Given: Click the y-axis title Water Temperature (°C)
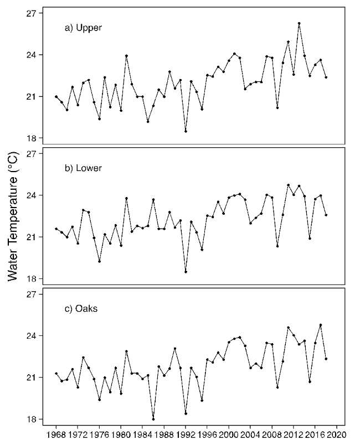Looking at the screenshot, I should [x=14, y=218].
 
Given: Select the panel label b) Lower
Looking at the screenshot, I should [x=84, y=168].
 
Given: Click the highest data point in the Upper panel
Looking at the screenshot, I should [x=299, y=23].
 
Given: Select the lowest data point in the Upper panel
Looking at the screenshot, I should [x=186, y=131].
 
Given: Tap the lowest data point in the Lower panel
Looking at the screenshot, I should [x=186, y=272].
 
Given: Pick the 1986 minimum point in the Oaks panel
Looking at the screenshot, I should [x=153, y=419].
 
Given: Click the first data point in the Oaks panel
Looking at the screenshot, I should [x=56, y=374].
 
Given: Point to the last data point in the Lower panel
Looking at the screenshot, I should [x=326, y=215].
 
